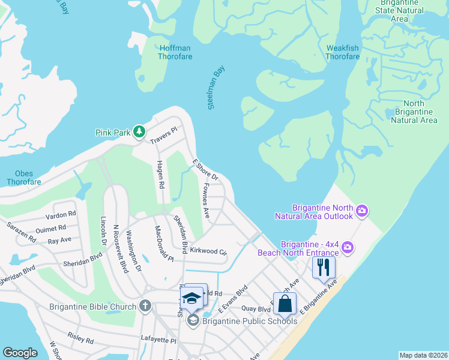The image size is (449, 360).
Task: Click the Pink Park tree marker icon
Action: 139,131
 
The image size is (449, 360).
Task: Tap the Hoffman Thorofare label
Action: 174,52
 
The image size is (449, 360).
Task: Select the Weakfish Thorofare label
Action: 343,52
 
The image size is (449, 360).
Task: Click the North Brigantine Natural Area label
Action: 414,112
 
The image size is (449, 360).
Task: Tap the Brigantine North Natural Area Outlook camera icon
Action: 362,210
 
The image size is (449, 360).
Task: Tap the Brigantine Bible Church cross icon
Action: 145,306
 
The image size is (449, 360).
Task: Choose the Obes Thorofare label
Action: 24,178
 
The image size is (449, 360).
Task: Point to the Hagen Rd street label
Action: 160,175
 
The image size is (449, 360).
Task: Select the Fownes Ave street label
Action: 205,200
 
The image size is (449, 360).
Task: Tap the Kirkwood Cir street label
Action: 208,250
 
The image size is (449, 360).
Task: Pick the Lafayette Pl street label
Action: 158,340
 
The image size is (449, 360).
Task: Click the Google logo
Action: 20,353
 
